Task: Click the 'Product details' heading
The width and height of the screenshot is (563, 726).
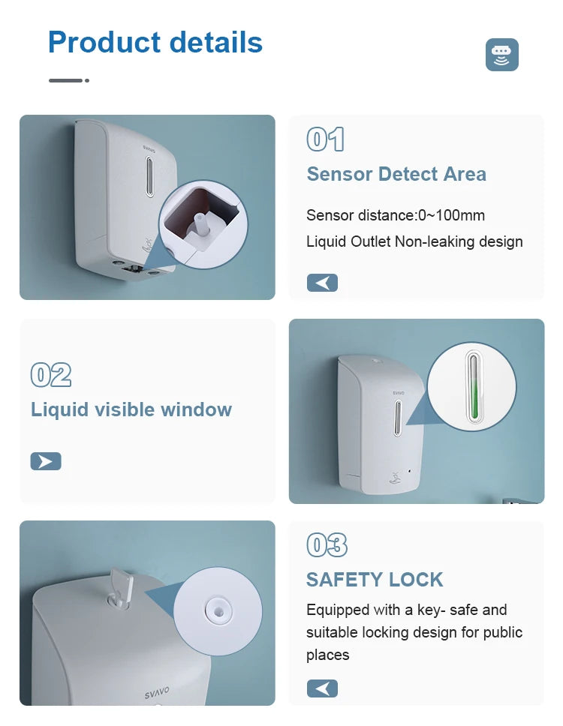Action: coord(155,42)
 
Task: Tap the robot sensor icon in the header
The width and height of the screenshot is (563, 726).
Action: coord(502,55)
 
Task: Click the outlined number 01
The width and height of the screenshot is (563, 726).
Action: coord(325,139)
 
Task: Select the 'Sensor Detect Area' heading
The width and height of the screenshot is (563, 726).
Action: coord(396,174)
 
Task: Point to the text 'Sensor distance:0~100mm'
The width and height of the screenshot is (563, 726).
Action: coord(396,215)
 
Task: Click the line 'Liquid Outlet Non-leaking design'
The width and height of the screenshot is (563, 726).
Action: coord(414,241)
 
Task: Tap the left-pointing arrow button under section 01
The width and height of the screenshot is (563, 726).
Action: coord(322,283)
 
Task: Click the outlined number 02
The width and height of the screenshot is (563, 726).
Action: coord(51,374)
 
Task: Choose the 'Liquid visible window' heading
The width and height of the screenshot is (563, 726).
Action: coord(131,409)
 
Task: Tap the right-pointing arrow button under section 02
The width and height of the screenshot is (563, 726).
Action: coord(46,461)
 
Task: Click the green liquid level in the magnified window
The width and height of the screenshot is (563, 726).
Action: coord(474,402)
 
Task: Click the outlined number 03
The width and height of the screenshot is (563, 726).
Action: coord(327,545)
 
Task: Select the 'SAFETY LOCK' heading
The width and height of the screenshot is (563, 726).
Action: coord(375,580)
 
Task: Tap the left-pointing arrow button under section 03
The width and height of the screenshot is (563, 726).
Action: coord(322,688)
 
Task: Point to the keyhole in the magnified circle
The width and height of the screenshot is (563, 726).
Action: coord(220,612)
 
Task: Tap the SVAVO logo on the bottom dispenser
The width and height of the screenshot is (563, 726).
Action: coord(157,693)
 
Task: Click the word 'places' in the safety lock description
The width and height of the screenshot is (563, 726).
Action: coord(327,655)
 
